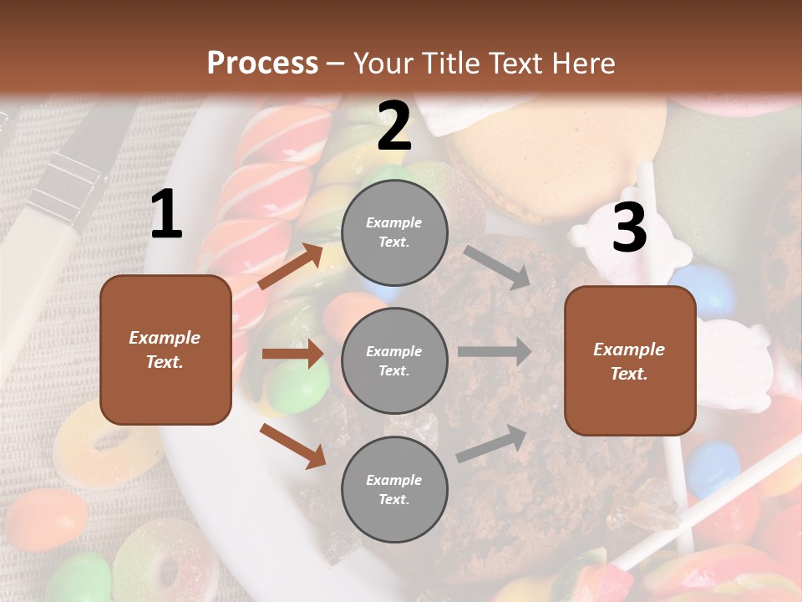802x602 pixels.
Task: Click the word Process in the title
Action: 262,64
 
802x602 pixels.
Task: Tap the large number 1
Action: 165,215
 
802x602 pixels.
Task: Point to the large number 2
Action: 393,126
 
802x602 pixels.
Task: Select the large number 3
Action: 629,227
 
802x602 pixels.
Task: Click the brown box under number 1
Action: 165,349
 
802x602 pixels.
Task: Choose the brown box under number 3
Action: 630,360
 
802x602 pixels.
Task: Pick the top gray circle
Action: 394,232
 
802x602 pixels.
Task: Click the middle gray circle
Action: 394,360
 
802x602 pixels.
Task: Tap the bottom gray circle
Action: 394,489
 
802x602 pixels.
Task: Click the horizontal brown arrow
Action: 292,354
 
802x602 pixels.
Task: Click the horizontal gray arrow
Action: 495,351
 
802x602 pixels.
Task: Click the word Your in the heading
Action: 385,64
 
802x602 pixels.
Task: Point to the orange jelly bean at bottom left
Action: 46,518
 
